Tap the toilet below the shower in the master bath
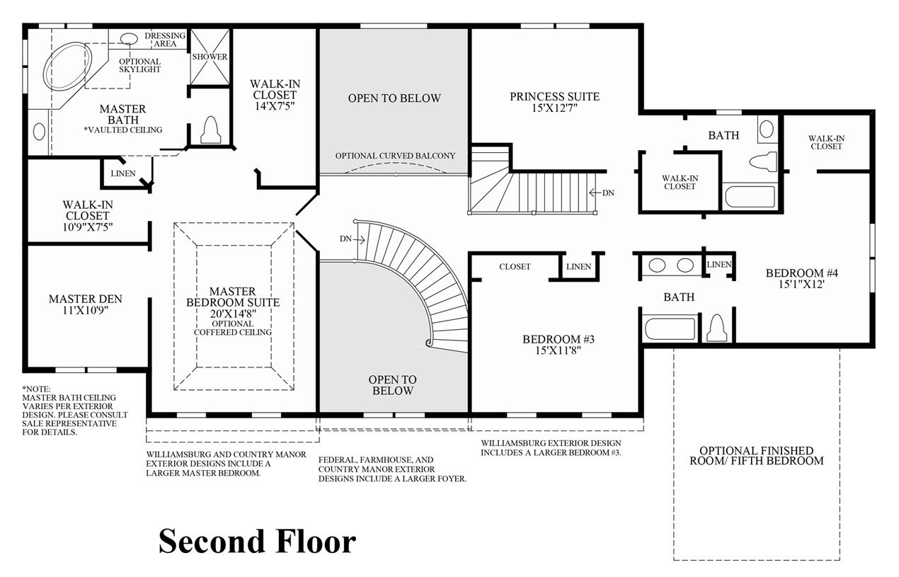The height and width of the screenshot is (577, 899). (211, 130)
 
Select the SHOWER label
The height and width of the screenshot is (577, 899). (210, 57)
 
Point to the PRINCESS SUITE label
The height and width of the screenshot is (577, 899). (554, 96)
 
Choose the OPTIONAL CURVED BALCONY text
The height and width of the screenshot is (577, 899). (395, 156)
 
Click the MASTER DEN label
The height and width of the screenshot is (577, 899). (86, 299)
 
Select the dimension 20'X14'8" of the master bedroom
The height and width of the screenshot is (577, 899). (233, 314)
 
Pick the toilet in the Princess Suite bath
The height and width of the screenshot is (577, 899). (762, 162)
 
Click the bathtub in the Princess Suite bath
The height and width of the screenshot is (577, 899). (750, 197)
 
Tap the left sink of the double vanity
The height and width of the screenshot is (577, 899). (657, 265)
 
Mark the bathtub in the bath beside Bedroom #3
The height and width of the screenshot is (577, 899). (670, 329)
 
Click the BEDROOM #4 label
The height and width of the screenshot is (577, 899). (801, 273)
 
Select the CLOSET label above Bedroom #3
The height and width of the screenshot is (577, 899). (515, 267)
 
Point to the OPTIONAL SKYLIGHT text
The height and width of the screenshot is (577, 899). (139, 65)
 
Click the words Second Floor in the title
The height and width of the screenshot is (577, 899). (257, 541)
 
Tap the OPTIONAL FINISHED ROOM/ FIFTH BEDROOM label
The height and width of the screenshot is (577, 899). (757, 456)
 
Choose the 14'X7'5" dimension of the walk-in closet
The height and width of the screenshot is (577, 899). (275, 106)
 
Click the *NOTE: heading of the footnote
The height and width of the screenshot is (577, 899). (36, 389)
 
